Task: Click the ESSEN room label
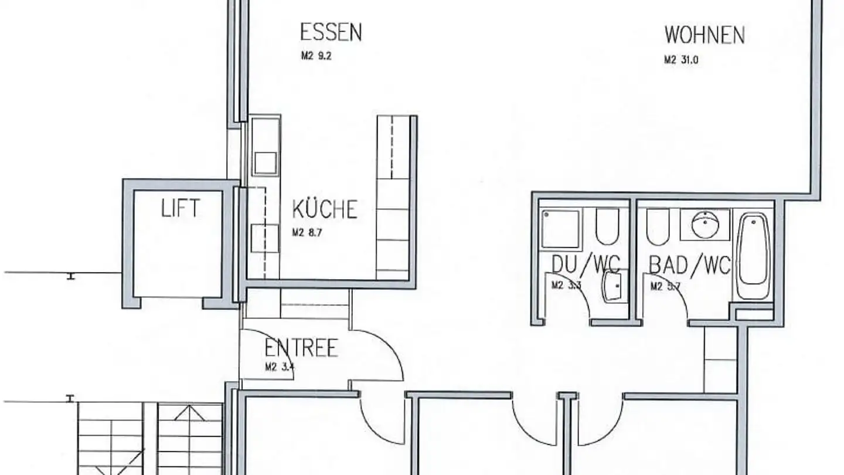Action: pyautogui.click(x=331, y=32)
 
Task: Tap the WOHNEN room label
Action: pyautogui.click(x=704, y=35)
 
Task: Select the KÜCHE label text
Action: pyautogui.click(x=325, y=209)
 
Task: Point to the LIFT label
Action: pyautogui.click(x=181, y=208)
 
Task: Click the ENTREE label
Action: pyautogui.click(x=301, y=348)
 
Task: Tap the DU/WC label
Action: pyautogui.click(x=585, y=265)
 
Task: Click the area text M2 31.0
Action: pyautogui.click(x=681, y=59)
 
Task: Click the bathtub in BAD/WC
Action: pyautogui.click(x=753, y=256)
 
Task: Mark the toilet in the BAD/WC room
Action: pyautogui.click(x=658, y=227)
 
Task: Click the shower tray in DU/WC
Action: pyautogui.click(x=560, y=228)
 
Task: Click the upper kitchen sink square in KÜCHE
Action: pyautogui.click(x=265, y=162)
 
